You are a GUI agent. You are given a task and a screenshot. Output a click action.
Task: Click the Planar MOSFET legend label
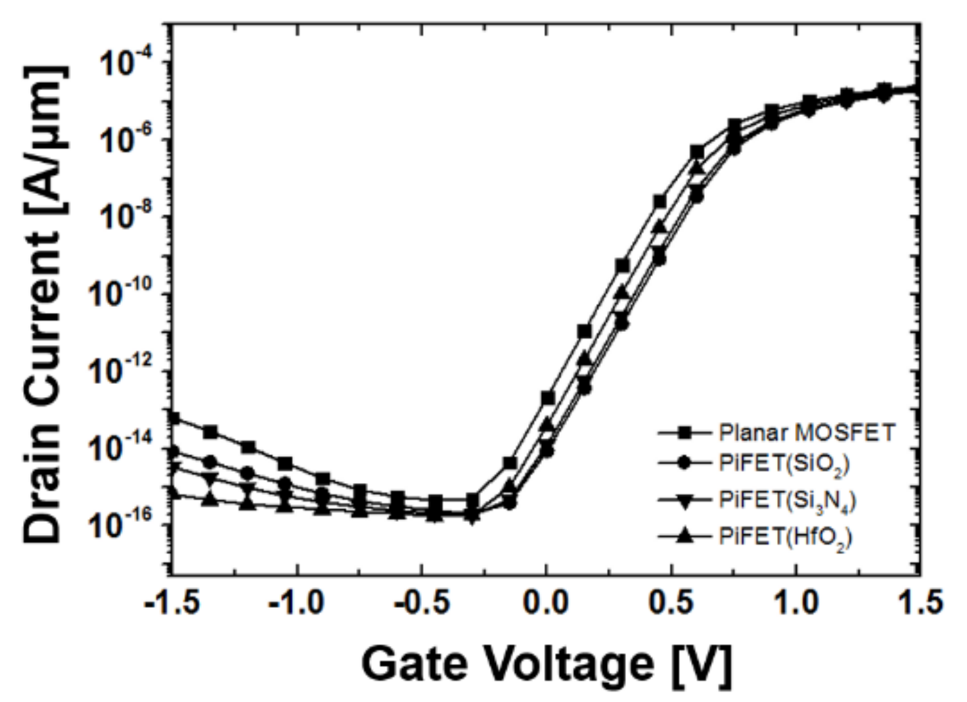coord(807,433)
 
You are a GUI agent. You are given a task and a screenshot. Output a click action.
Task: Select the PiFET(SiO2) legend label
coord(784,464)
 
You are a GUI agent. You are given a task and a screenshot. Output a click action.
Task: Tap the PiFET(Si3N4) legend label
coord(788,501)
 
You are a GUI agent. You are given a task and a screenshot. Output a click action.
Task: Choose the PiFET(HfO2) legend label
coord(785,537)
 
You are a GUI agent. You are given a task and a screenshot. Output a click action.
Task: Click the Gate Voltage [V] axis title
coord(546,664)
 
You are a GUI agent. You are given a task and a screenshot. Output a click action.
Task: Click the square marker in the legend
coord(684,433)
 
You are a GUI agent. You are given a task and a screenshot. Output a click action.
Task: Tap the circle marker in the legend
coord(684,463)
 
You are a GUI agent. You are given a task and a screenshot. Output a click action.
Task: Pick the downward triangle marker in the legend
coord(684,501)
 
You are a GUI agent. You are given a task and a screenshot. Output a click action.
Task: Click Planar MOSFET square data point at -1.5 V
coord(173,417)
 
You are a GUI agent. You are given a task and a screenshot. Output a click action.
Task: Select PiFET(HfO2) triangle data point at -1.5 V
coord(173,492)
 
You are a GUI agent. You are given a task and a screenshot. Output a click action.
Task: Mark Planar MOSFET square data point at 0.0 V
coord(547,398)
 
